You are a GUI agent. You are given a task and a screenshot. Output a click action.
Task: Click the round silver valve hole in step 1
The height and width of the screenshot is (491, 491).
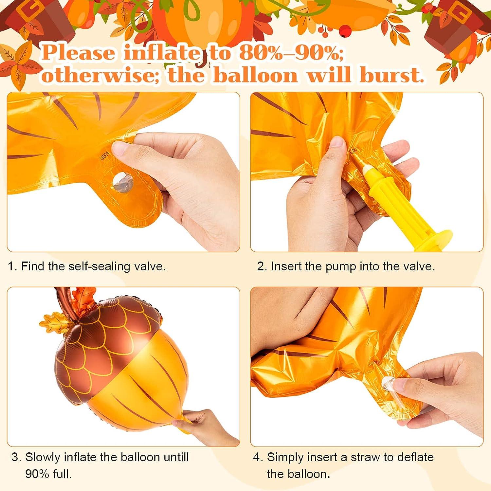point(122,181)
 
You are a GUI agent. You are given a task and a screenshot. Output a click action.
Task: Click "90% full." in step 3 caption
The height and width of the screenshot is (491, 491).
point(48,474)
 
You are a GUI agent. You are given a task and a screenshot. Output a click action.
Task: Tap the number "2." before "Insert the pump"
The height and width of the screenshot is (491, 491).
point(262,266)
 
